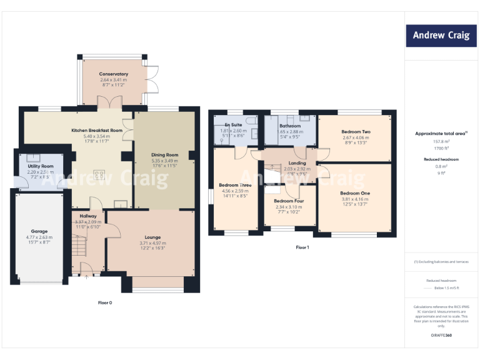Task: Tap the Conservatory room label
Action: (113, 74)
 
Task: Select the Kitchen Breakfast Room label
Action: (96, 130)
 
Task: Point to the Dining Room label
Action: (165, 154)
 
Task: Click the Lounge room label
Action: (153, 237)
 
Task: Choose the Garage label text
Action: (39, 231)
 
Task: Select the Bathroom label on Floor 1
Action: (290, 126)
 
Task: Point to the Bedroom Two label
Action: (356, 132)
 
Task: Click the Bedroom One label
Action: (355, 193)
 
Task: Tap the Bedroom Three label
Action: (235, 185)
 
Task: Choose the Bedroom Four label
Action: (289, 201)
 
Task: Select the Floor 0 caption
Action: (105, 302)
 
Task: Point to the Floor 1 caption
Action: (302, 247)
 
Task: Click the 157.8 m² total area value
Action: (441, 141)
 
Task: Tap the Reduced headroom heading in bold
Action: (441, 159)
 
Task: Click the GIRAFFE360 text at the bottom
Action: (441, 336)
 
